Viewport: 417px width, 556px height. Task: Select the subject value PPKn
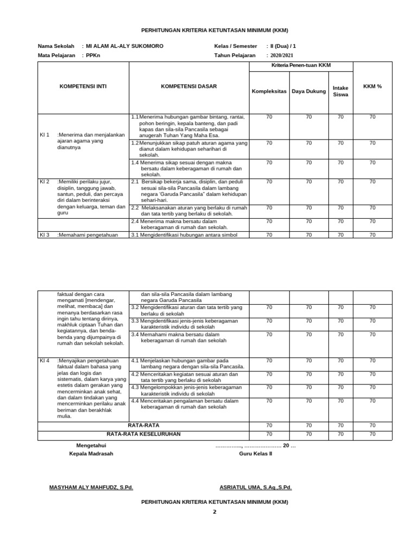tap(92, 55)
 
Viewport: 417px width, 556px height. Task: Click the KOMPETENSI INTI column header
tap(83, 86)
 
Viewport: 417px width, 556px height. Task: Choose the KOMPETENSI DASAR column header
tap(188, 86)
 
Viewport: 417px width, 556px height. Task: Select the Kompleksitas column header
tap(269, 91)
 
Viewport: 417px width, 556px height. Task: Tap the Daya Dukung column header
tap(308, 91)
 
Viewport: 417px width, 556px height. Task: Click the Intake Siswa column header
tap(340, 91)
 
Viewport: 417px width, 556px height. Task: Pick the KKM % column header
tap(372, 86)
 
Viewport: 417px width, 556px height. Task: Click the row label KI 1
tap(45, 135)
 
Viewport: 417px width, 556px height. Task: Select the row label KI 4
tap(45, 360)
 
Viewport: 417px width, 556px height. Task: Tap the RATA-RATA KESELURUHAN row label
tap(143, 434)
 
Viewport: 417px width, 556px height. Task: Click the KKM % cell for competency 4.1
tap(372, 360)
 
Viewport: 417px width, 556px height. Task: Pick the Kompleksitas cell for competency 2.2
tap(269, 207)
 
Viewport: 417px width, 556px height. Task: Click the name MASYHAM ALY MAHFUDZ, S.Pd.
tap(91, 487)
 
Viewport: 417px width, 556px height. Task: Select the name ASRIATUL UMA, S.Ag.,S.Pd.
tap(255, 487)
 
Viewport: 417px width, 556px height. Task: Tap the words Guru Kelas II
tap(255, 453)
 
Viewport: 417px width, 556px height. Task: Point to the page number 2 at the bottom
tap(214, 511)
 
